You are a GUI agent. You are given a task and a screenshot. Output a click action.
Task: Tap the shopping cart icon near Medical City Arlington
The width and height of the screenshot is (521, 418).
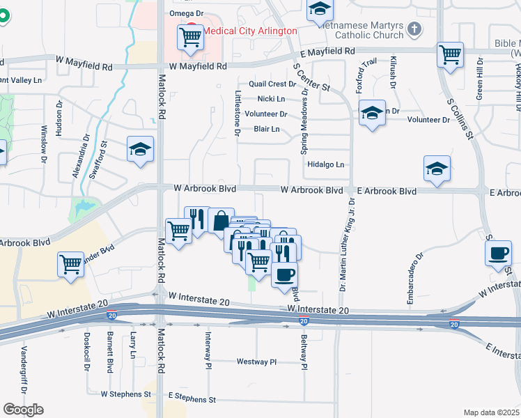pyautogui.click(x=190, y=38)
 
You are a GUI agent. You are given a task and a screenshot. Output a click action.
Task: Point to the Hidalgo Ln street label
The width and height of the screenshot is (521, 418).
pyautogui.click(x=326, y=165)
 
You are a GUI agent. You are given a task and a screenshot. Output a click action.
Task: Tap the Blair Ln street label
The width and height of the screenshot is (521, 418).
pyautogui.click(x=267, y=129)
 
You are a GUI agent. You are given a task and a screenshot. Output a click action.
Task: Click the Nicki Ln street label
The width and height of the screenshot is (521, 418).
pyautogui.click(x=271, y=99)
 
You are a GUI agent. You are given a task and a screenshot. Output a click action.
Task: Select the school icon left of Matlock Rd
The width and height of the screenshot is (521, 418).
pyautogui.click(x=140, y=149)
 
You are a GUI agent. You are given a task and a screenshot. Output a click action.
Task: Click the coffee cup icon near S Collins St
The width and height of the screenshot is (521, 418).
pyautogui.click(x=499, y=254)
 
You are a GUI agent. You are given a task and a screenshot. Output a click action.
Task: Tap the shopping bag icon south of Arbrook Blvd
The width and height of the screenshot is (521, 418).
pyautogui.click(x=221, y=222)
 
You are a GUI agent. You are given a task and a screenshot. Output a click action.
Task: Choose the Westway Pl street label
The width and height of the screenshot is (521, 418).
pyautogui.click(x=256, y=362)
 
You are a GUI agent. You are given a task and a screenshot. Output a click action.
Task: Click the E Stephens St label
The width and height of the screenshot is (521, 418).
pyautogui.click(x=192, y=400)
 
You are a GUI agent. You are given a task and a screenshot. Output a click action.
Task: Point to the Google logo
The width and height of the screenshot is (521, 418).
pyautogui.click(x=23, y=410)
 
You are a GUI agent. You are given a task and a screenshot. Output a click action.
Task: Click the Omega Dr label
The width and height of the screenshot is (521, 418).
pyautogui.click(x=185, y=13)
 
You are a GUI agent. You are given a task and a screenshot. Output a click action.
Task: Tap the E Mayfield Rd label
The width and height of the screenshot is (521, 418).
pyautogui.click(x=327, y=52)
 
